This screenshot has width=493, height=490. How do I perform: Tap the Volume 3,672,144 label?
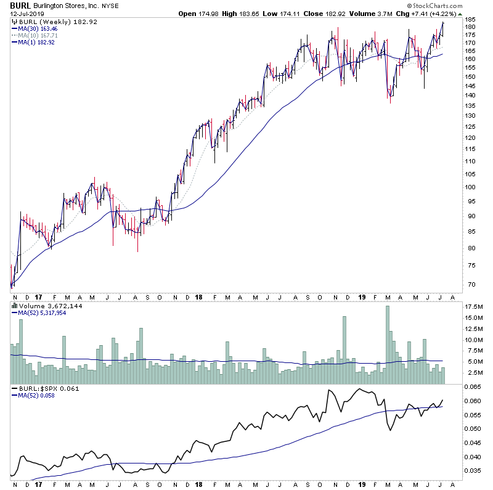tap(42, 306)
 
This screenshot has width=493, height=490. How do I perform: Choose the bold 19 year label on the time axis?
tap(362, 297)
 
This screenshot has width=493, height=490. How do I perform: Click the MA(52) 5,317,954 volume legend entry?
tap(42, 312)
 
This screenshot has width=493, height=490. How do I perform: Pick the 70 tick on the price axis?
tap(470, 284)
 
